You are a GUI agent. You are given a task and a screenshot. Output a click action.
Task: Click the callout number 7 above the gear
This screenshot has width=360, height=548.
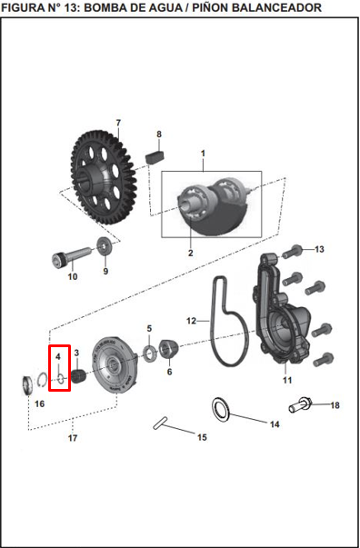pos(118,123)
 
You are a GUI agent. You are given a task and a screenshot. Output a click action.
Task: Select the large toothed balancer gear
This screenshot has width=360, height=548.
pos(104,177)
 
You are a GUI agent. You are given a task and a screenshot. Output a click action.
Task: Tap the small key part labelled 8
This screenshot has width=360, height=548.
pos(155,154)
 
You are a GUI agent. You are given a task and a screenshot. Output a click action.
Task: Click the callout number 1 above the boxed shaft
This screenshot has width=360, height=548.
pos(203,154)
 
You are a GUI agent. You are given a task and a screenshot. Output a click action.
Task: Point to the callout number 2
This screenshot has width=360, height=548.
pos(191,253)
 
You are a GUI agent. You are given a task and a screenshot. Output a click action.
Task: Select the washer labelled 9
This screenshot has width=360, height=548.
pos(105,247)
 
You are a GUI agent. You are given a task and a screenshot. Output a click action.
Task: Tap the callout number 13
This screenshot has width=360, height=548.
pos(319,249)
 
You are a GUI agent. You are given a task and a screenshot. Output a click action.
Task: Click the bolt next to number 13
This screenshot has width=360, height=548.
pos(292,252)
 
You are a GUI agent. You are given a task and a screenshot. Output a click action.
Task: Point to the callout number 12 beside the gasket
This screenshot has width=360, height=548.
pos(191,321)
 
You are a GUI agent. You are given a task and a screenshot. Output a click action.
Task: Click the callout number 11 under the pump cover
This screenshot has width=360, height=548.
pos(287,380)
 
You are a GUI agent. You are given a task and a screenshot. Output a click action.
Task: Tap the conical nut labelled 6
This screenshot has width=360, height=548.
pos(169,349)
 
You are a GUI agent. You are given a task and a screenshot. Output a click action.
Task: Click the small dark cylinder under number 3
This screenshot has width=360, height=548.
pos(79,376)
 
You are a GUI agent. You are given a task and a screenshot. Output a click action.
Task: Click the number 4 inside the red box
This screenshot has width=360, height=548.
pos(58,357)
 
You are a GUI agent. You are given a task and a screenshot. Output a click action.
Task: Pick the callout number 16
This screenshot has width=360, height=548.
pos(40,404)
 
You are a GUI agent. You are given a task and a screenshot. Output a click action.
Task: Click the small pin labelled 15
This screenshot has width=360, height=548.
pos(160,423)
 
